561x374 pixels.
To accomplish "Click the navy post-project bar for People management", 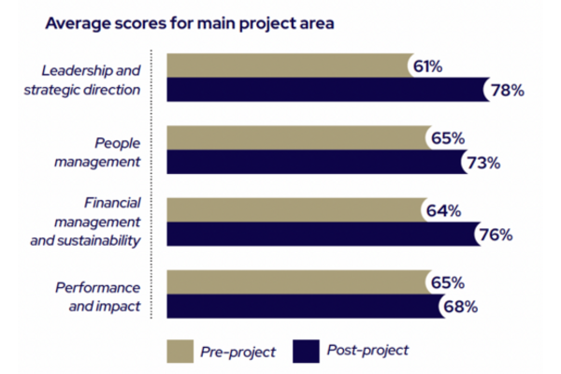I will click(x=314, y=162).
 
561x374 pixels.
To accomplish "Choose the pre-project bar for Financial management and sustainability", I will click(x=294, y=210).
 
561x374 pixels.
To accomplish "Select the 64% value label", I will click(x=443, y=211).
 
